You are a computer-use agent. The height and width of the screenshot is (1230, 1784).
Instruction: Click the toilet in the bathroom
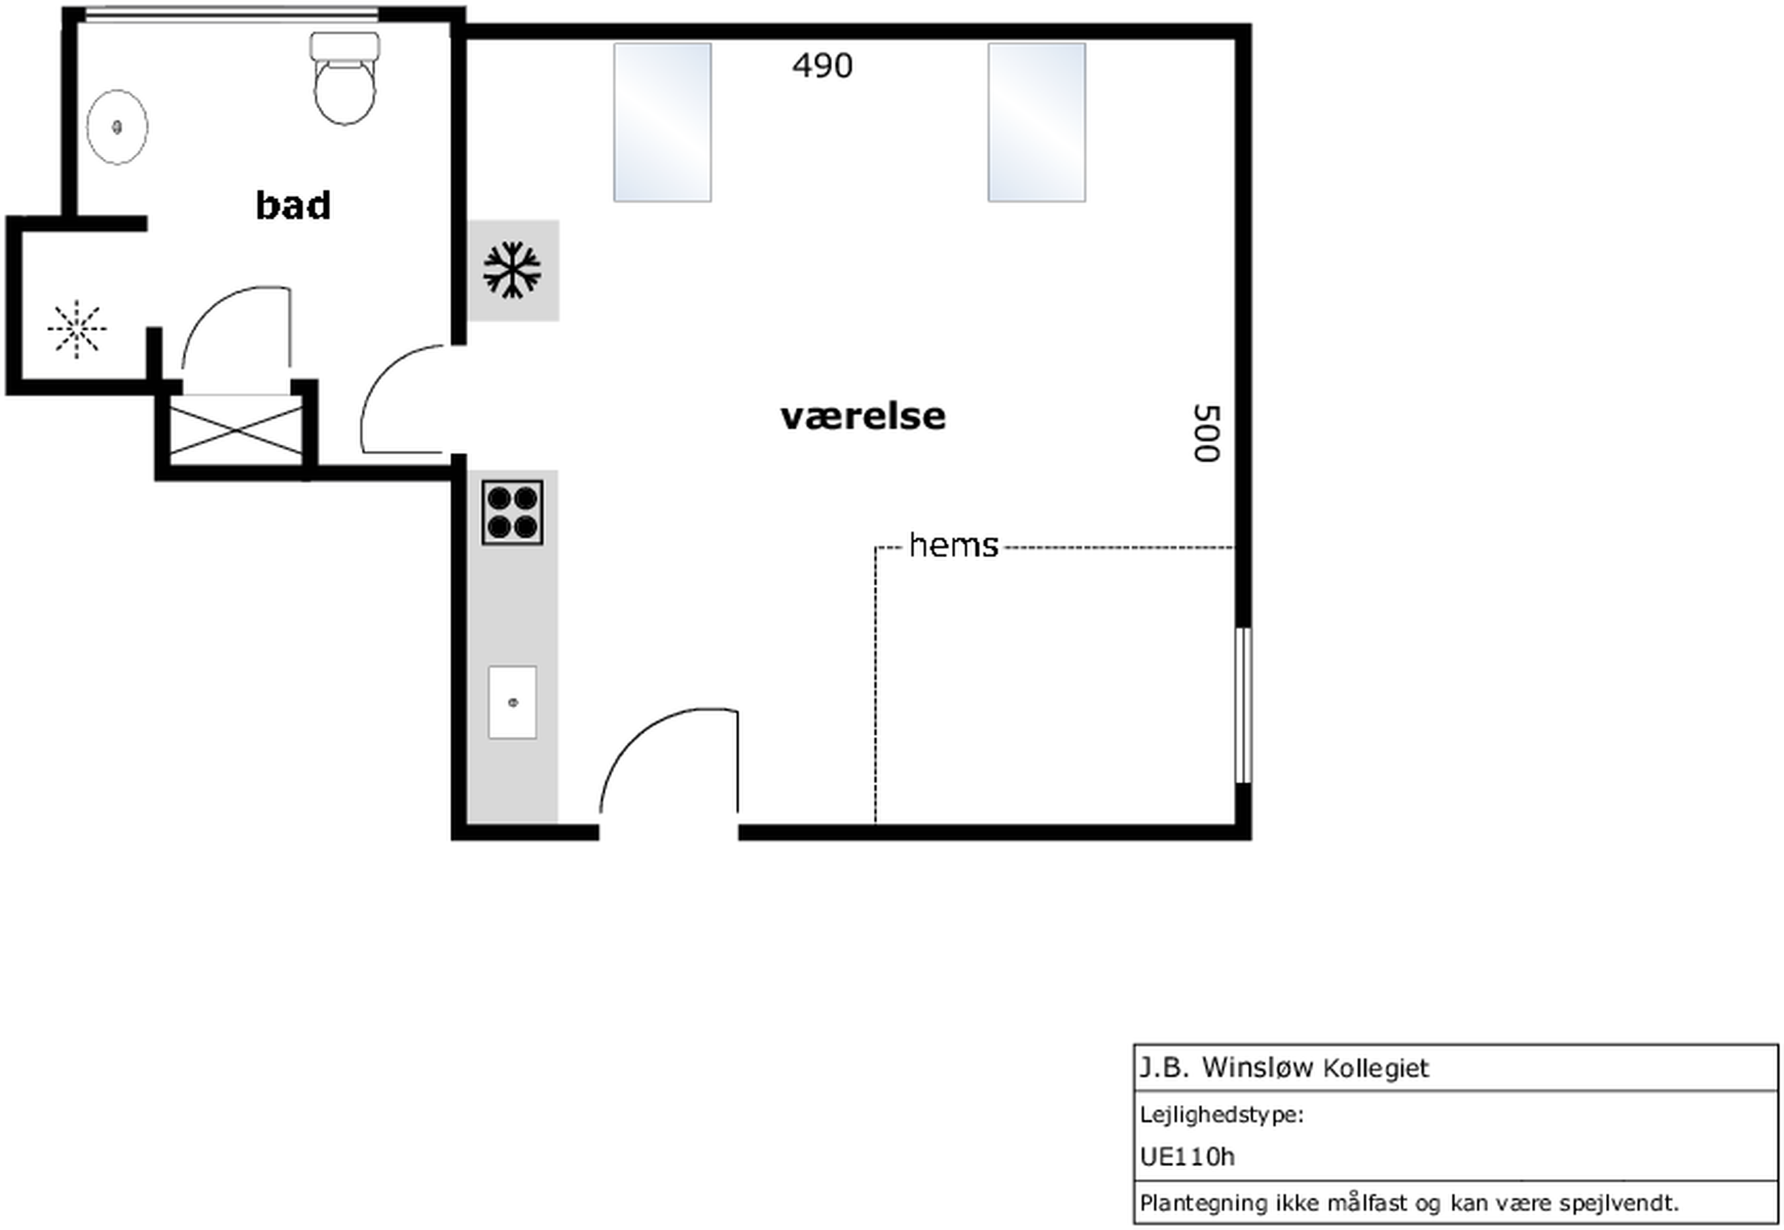344,78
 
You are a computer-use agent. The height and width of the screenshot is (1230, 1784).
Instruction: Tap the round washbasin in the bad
117,126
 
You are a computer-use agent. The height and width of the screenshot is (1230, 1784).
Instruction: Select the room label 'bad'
293,205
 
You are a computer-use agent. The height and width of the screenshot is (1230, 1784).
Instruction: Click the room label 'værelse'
862,416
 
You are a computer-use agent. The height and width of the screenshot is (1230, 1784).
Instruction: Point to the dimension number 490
822,65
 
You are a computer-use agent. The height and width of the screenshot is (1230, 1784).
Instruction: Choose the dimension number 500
1207,433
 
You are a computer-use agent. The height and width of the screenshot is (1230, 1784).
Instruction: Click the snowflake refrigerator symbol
511,270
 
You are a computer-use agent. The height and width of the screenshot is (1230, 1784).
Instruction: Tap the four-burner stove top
513,513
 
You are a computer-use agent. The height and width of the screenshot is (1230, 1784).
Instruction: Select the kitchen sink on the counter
513,702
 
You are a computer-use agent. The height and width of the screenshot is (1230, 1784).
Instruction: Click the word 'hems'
953,545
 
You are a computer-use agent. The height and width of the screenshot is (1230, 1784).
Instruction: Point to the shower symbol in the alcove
76,329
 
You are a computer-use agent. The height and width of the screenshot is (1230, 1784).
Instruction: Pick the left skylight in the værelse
662,122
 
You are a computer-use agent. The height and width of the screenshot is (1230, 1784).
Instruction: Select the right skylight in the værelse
1036,122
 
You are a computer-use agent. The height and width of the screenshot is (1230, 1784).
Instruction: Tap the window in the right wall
1243,705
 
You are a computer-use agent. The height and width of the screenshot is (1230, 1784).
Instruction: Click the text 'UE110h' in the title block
1187,1157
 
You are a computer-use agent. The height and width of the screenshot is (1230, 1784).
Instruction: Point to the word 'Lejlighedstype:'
1222,1115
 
